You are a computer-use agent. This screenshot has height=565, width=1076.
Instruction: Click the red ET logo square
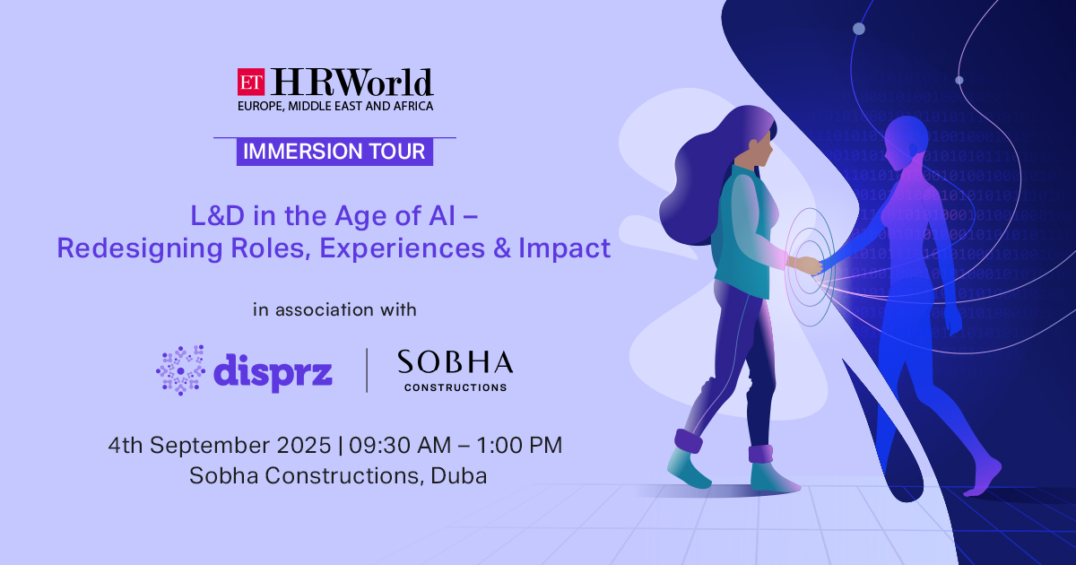coord(251,83)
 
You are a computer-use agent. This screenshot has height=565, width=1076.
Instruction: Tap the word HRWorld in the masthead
coord(352,83)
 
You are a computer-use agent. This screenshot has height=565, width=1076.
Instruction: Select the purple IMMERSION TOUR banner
coord(334,152)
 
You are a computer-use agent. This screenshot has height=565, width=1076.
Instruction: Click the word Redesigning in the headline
coord(139,249)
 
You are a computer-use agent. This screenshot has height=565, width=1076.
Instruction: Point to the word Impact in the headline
coord(564,249)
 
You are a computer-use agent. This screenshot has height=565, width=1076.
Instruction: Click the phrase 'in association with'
coord(334,310)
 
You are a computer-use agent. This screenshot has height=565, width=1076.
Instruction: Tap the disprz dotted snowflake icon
coord(180,370)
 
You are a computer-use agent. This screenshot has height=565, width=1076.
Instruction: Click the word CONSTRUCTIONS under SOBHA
coord(456,387)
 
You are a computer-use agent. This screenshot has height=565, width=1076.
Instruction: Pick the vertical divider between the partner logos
coord(367,370)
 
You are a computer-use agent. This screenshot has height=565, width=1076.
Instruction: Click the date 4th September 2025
coord(220,446)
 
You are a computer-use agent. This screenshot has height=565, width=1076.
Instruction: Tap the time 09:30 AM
coord(400,446)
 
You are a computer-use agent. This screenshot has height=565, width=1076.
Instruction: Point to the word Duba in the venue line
coord(459,475)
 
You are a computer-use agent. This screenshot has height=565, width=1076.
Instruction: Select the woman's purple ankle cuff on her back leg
coord(689,441)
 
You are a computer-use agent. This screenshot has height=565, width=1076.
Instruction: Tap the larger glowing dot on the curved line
coord(859,29)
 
